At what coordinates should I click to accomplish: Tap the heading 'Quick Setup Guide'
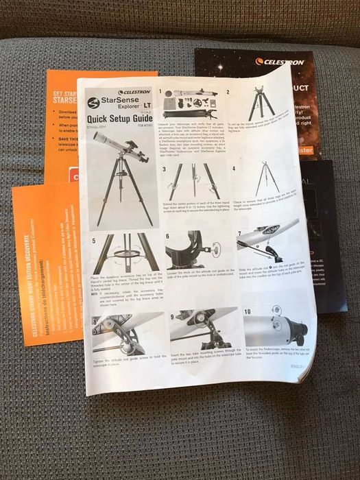pyautogui.click(x=119, y=119)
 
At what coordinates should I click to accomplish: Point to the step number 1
pyautogui.click(x=160, y=91)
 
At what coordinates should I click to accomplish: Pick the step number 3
pyautogui.click(x=163, y=167)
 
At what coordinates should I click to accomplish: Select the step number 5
pyautogui.click(x=93, y=241)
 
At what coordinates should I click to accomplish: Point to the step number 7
pyautogui.click(x=239, y=234)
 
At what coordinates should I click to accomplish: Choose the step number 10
pyautogui.click(x=246, y=311)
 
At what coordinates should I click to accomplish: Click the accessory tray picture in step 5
pyautogui.click(x=125, y=253)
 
